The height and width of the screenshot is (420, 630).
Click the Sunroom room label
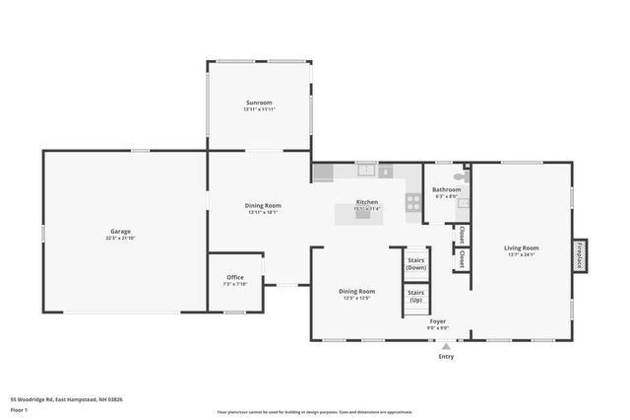click(x=260, y=103)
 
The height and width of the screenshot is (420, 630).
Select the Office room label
click(x=235, y=277)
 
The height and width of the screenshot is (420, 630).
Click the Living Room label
click(x=522, y=247)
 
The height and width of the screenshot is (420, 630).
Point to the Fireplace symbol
click(x=580, y=253)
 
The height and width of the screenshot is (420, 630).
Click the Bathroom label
click(x=447, y=189)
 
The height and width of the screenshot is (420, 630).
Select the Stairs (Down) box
click(x=416, y=264)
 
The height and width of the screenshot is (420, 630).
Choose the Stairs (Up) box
click(x=416, y=297)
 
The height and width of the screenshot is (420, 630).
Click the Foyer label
click(x=438, y=321)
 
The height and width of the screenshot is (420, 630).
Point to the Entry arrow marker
click(x=446, y=346)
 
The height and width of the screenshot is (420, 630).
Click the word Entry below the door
click(x=446, y=357)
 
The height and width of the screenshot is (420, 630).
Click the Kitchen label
click(x=367, y=202)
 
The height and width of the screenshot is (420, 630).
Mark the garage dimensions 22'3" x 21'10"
click(x=120, y=238)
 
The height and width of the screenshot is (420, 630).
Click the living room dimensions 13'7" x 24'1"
click(x=522, y=254)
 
